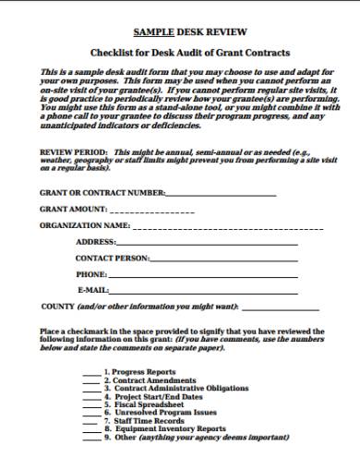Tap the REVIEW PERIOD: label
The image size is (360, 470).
(73, 150)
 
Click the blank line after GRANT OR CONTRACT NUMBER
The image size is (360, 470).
(222, 193)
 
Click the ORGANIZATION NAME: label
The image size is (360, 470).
(84, 225)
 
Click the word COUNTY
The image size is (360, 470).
(58, 306)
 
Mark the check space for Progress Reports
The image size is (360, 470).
(91, 374)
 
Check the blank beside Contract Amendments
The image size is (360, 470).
(91, 381)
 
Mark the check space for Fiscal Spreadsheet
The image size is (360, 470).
(91, 404)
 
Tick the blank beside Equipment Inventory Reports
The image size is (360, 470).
(91, 428)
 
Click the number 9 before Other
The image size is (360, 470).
(106, 437)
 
